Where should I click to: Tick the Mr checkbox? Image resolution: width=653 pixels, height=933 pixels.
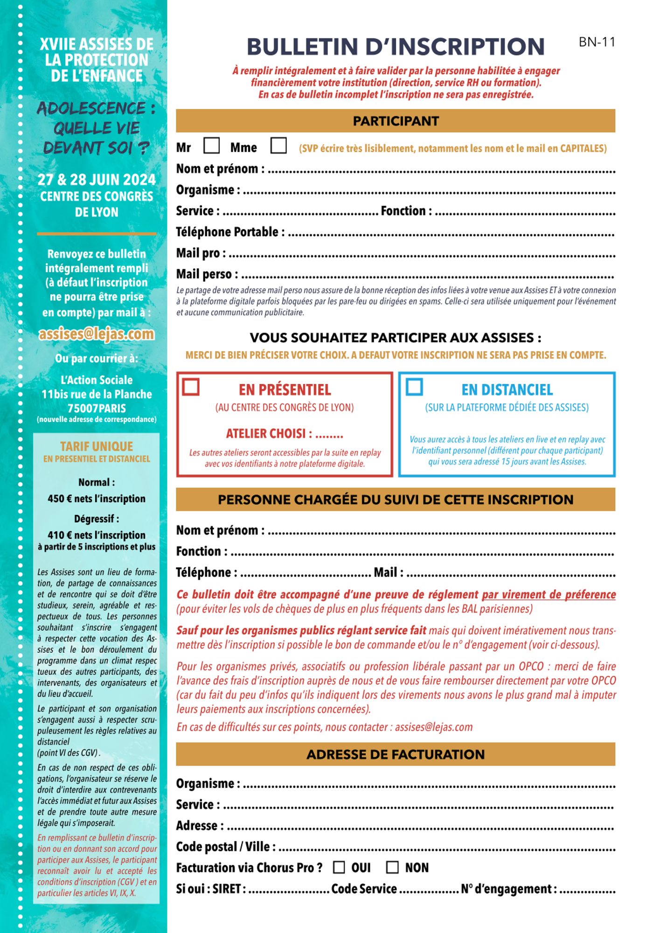(211, 146)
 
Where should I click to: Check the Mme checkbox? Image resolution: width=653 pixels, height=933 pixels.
(278, 146)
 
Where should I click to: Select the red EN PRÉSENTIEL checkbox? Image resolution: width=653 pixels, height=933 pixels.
(191, 387)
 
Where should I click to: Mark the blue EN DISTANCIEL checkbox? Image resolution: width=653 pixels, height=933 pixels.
(414, 387)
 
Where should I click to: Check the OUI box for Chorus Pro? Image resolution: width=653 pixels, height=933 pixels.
(339, 867)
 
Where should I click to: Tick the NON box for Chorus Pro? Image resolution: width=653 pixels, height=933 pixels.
(393, 867)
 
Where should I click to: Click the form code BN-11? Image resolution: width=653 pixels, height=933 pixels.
(597, 42)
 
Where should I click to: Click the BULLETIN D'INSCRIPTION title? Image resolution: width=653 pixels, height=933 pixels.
(396, 47)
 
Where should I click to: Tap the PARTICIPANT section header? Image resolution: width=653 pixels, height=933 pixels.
(396, 121)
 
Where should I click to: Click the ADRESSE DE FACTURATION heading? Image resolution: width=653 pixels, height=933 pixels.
(396, 754)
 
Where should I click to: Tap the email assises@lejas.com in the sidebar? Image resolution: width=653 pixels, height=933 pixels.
(97, 334)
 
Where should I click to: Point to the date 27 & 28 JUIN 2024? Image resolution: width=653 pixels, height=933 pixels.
(97, 180)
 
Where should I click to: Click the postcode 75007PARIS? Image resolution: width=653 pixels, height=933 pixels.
(97, 409)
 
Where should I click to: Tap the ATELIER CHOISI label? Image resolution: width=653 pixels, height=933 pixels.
(266, 434)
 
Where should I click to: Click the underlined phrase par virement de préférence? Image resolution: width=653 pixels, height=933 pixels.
(549, 595)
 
